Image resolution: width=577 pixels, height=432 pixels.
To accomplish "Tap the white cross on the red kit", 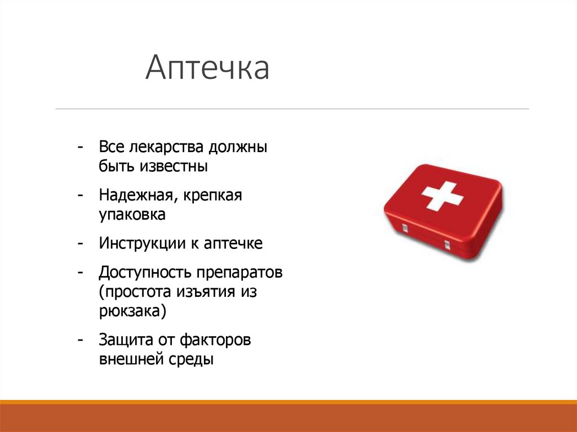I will click(x=442, y=195).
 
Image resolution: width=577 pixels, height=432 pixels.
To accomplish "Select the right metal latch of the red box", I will click(x=447, y=245).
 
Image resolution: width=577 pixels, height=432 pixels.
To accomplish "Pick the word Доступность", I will click(x=145, y=274).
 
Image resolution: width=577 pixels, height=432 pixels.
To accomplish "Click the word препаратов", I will click(x=239, y=274).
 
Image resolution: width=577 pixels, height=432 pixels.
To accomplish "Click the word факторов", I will click(x=215, y=340).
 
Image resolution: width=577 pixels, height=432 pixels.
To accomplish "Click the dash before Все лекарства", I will click(x=82, y=148).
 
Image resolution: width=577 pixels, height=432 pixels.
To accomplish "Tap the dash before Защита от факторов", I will click(x=82, y=340).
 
